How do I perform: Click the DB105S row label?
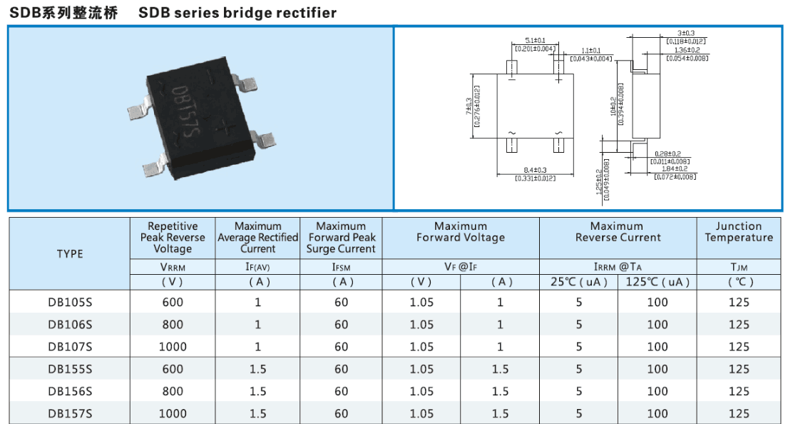pos(71,302)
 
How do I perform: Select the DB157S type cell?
pos(71,413)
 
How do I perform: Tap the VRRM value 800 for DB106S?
pos(173,324)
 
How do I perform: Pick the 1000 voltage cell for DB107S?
pos(173,347)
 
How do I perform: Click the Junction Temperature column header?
pos(739,232)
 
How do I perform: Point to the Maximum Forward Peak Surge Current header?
pos(341,238)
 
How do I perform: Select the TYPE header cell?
pos(70,254)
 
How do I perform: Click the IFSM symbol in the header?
pos(341,267)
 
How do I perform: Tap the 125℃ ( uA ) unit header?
pos(657,282)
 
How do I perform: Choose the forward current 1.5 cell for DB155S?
pos(500,369)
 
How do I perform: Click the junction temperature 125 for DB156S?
pos(739,391)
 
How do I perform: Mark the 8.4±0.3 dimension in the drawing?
pos(535,170)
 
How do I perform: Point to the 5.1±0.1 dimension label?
pos(535,40)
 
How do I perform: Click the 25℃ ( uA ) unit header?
pos(579,282)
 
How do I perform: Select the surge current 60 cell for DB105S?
pos(341,302)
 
